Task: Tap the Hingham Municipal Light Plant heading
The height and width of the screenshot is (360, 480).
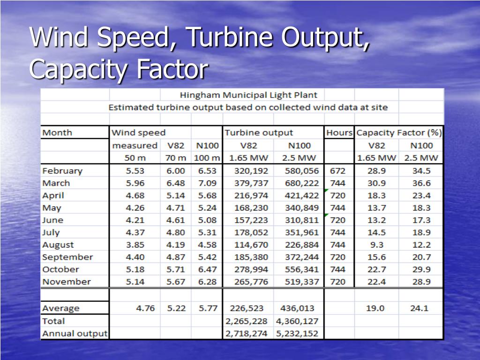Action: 249,95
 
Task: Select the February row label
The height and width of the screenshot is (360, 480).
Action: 62,171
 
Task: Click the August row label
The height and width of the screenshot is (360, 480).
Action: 58,245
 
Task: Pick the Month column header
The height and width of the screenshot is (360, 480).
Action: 57,133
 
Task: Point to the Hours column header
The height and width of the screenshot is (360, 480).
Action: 339,133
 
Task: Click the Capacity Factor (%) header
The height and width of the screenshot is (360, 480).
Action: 399,133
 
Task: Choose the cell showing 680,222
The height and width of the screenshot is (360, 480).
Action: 301,183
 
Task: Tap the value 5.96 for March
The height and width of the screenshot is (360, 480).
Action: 135,183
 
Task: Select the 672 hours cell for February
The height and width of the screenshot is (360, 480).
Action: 337,171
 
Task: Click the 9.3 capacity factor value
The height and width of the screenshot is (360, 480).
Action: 376,245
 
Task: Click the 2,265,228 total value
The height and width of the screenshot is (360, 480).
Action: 246,321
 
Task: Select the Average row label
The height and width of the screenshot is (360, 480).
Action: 60,308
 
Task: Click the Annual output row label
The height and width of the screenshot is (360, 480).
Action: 75,334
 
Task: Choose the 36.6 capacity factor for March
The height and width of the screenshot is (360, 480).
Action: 420,183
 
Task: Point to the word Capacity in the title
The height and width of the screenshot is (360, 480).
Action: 79,69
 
